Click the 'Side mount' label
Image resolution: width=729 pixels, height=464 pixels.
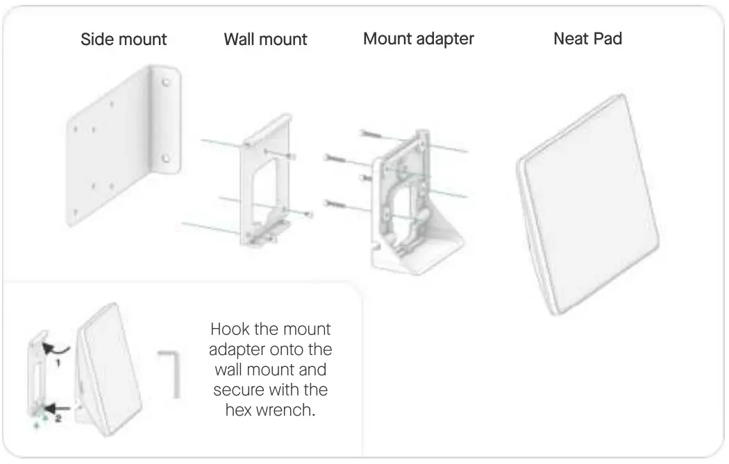pos(124,39)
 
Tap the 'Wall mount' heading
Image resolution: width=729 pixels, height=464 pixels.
pos(265,39)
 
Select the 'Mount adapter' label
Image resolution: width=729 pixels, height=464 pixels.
pos(418,38)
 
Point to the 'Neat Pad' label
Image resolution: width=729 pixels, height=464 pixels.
pos(587,39)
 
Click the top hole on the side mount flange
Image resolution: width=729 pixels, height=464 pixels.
pos(165,83)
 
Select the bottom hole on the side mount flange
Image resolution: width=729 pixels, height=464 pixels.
pos(165,157)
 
